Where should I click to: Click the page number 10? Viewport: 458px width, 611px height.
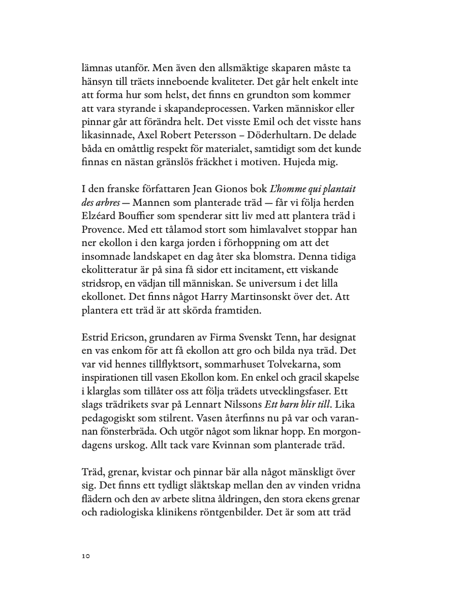[x=85, y=556]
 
